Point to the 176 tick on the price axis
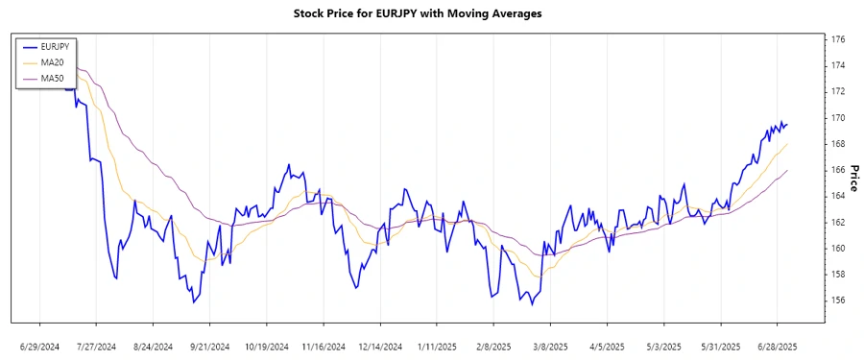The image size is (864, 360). tap(838, 39)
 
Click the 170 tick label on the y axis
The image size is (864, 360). tap(838, 118)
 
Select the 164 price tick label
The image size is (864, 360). tap(838, 196)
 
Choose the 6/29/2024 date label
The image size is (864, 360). tap(40, 346)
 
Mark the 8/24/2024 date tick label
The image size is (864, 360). tap(153, 346)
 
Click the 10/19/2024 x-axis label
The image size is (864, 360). tap(266, 346)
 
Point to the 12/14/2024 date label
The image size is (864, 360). tap(379, 346)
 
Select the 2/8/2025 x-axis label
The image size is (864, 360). tap(492, 346)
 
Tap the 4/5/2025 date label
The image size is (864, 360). tap(606, 346)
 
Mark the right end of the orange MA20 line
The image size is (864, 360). tap(787, 144)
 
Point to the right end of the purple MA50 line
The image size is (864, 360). tap(787, 170)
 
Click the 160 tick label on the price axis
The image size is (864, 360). tap(838, 248)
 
